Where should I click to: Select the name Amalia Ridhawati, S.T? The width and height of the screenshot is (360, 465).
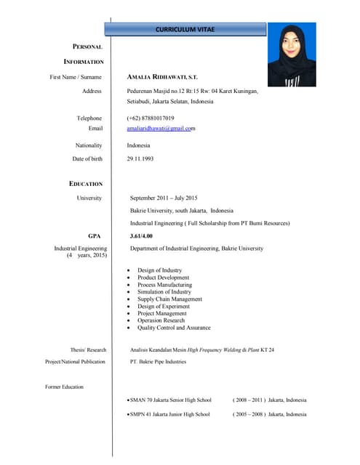(x=162, y=76)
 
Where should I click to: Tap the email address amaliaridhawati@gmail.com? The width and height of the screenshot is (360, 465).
(x=161, y=129)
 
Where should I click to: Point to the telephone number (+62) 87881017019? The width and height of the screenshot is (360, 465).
(x=151, y=118)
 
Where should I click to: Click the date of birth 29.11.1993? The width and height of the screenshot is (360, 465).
(x=143, y=158)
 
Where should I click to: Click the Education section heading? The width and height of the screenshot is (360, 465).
(x=86, y=184)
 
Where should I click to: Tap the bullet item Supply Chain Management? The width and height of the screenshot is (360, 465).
(x=169, y=299)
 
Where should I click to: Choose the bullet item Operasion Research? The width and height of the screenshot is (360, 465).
(x=161, y=320)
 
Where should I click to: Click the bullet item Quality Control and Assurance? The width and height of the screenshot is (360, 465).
(x=174, y=328)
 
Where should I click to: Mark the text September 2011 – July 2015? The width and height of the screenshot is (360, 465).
(x=164, y=198)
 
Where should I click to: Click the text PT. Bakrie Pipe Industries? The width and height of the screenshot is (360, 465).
(x=158, y=361)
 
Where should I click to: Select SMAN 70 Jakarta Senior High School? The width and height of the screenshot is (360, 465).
(x=171, y=400)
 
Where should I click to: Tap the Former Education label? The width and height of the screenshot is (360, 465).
(x=64, y=387)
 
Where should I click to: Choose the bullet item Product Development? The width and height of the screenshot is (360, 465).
(x=163, y=278)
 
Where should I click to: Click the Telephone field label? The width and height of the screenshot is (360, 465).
(x=89, y=118)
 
